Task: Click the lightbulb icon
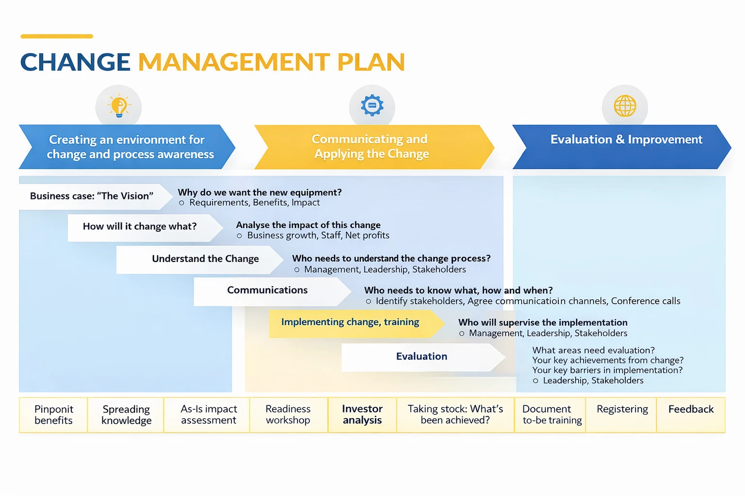coord(119,107)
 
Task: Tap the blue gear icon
coord(372,106)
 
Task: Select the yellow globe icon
coord(625,106)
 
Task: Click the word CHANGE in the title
coord(75,62)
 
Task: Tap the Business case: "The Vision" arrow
coord(92,196)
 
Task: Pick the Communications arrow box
coord(268,291)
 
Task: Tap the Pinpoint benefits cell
coord(53,415)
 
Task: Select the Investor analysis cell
coord(362,415)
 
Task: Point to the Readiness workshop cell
coord(288,415)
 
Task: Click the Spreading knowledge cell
coord(126,415)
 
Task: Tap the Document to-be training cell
coord(551,415)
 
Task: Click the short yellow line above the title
coord(57,36)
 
